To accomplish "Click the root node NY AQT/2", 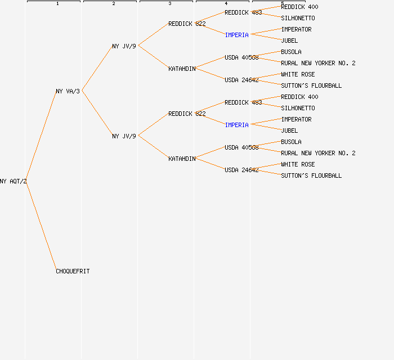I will point(14,181).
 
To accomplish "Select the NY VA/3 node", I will point(68,91).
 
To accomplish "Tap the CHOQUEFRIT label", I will point(73,271).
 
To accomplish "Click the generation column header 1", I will point(57,3).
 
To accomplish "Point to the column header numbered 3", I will point(169,3).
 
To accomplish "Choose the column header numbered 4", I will point(226,3).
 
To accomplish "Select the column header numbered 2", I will point(113,3).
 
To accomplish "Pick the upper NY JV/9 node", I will point(124,46).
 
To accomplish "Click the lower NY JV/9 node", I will point(124,136).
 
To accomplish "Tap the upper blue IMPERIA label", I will point(236,35).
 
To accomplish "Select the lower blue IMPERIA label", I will point(236,125).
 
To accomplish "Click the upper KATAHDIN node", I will point(182,69).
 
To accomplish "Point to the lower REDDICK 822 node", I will point(187,114).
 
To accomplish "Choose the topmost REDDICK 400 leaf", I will point(299,7).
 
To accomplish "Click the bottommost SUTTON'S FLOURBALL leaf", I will point(311,175).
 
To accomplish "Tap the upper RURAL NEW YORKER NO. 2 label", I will point(318,63).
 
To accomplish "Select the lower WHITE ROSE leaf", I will point(298,164).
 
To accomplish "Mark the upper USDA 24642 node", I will point(241,80).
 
